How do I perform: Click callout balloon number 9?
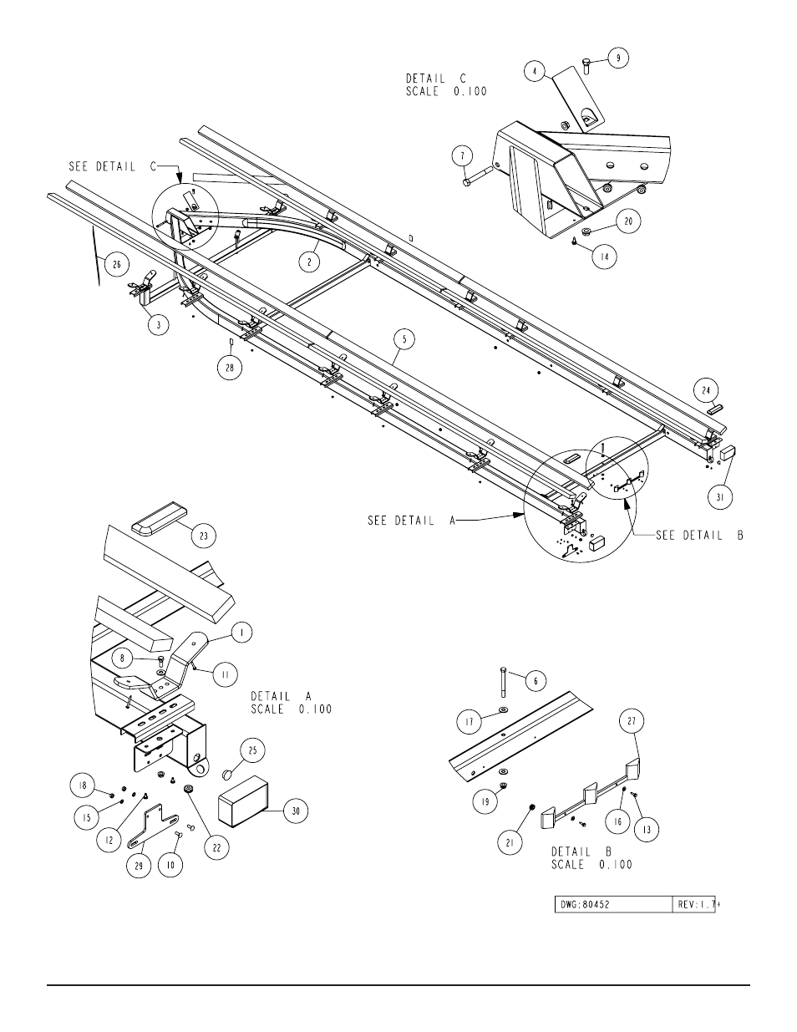pos(618,58)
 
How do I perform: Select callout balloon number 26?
pos(117,265)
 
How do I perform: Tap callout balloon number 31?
pos(720,497)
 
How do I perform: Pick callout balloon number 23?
pos(204,536)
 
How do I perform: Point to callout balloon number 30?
pos(295,811)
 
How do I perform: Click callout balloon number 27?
pos(632,721)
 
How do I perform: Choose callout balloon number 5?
pos(404,339)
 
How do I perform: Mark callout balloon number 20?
pos(628,221)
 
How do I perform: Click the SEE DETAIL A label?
pos(412,521)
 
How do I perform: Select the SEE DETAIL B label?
pos(700,536)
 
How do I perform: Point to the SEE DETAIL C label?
pos(113,166)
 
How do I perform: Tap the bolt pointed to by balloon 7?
pos(478,175)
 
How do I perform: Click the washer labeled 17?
pos(503,709)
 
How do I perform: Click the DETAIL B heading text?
pos(582,852)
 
